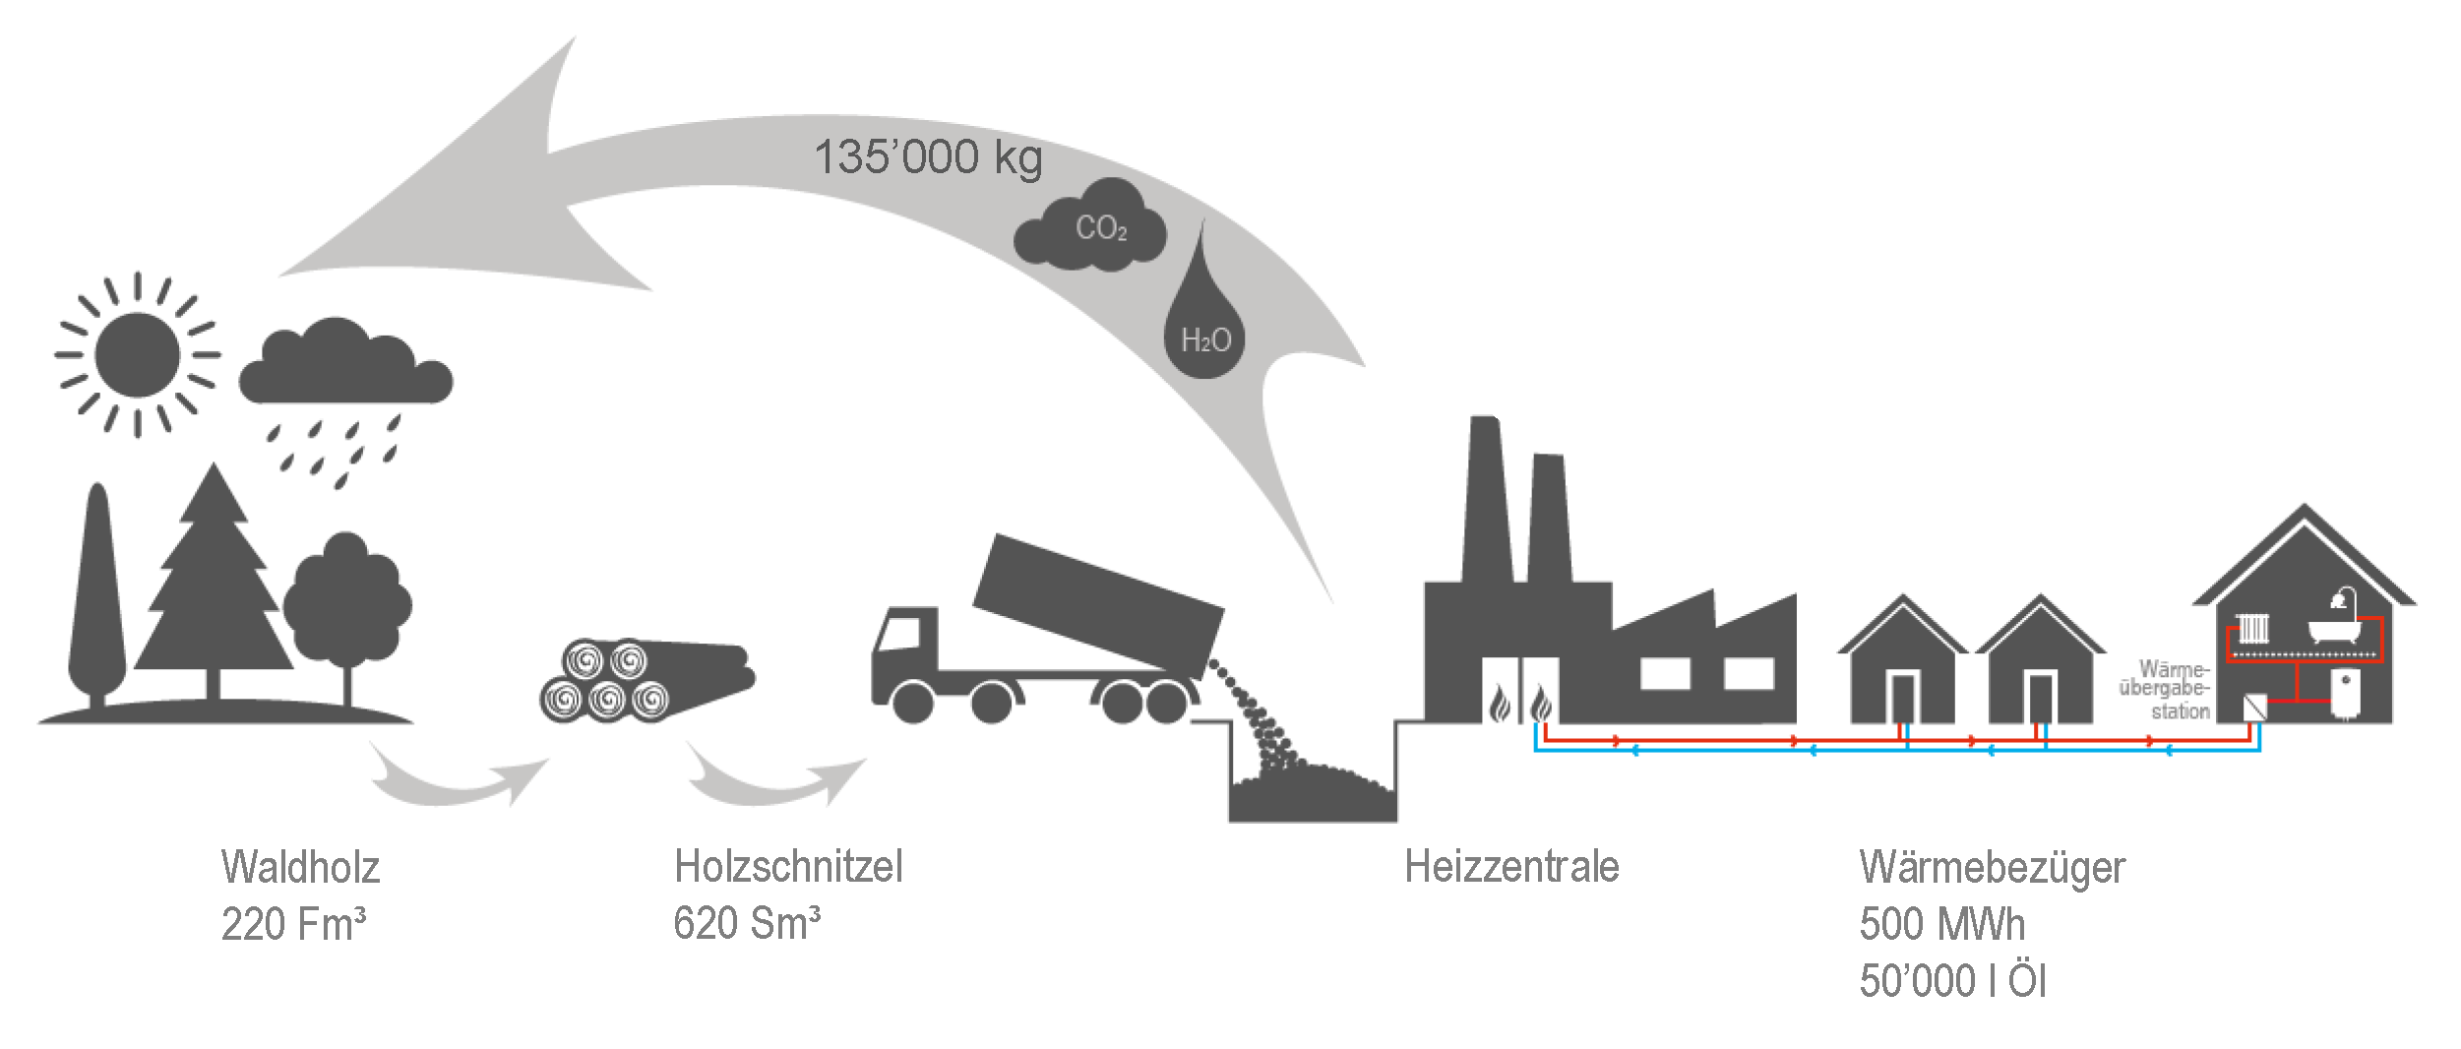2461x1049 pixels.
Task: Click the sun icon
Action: point(137,354)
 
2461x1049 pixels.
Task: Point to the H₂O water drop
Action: point(1204,330)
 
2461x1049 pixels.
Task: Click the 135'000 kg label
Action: point(927,157)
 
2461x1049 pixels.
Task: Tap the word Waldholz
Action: point(300,868)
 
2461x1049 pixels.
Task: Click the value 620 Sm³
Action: point(746,924)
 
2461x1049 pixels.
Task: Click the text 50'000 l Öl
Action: point(1952,981)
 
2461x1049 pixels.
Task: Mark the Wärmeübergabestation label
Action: point(2165,690)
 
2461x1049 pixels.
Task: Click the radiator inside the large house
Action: point(2253,629)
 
